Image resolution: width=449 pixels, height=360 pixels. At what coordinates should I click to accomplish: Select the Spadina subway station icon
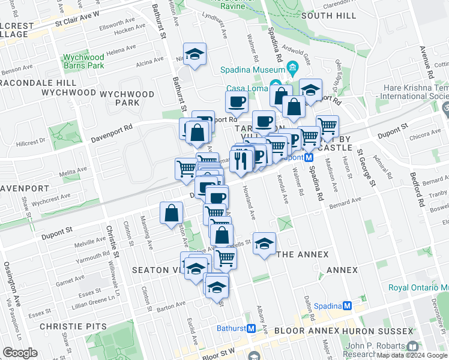[347, 306]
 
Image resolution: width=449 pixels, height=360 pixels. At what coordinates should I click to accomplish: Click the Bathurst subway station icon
[252, 328]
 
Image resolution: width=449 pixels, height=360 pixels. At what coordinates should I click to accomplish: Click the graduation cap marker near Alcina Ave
[195, 56]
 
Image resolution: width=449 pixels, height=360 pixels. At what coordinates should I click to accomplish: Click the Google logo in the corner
[20, 353]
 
